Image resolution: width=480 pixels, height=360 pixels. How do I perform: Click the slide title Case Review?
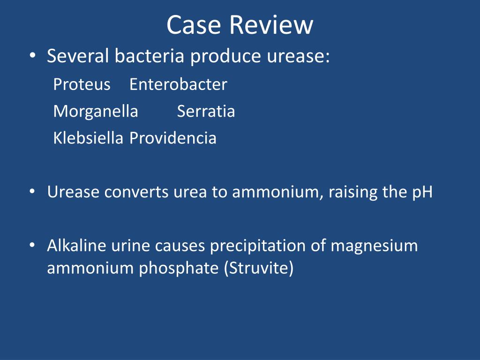pyautogui.click(x=240, y=25)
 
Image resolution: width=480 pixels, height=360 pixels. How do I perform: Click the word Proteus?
pyautogui.click(x=82, y=85)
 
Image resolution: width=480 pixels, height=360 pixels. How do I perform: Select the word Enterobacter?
pyautogui.click(x=178, y=85)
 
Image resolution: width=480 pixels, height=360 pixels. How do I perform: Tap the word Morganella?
pyautogui.click(x=96, y=112)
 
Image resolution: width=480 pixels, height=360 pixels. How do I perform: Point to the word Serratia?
pyautogui.click(x=206, y=112)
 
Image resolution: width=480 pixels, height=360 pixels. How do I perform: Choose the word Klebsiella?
pyautogui.click(x=88, y=138)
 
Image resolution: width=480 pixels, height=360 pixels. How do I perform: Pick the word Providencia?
pyautogui.click(x=173, y=138)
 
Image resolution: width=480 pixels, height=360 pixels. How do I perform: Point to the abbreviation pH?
pyautogui.click(x=422, y=193)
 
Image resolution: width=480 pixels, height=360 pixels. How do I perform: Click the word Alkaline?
pyautogui.click(x=76, y=246)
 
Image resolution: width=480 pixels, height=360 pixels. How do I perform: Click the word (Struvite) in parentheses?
pyautogui.click(x=259, y=269)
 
